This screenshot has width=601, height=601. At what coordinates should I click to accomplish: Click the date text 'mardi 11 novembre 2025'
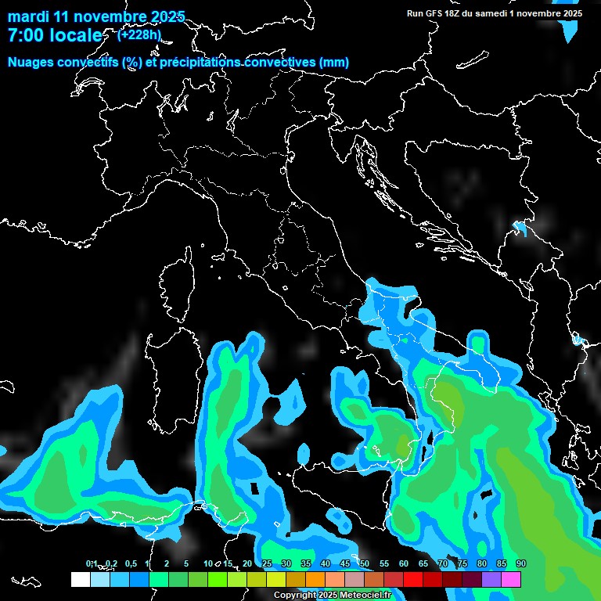(96, 16)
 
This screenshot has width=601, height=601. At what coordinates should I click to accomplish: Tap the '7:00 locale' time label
(54, 35)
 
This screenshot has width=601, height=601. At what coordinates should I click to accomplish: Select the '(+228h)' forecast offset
(139, 34)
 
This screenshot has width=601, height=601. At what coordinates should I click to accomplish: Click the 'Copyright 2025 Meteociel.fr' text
(332, 596)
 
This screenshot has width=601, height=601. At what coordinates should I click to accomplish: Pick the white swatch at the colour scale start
(80, 579)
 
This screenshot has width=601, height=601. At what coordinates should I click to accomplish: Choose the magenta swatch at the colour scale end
(511, 579)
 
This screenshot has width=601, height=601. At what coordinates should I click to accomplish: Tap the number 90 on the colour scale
(521, 564)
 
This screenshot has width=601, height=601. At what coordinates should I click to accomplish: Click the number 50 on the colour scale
(365, 564)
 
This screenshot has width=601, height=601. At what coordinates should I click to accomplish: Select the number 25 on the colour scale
(267, 564)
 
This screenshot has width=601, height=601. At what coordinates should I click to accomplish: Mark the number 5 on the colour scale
(186, 564)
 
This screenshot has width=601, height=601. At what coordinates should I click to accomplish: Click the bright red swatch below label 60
(413, 579)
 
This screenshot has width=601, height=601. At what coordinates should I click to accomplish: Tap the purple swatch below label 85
(491, 579)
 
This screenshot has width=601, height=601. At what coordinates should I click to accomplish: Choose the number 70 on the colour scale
(443, 564)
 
